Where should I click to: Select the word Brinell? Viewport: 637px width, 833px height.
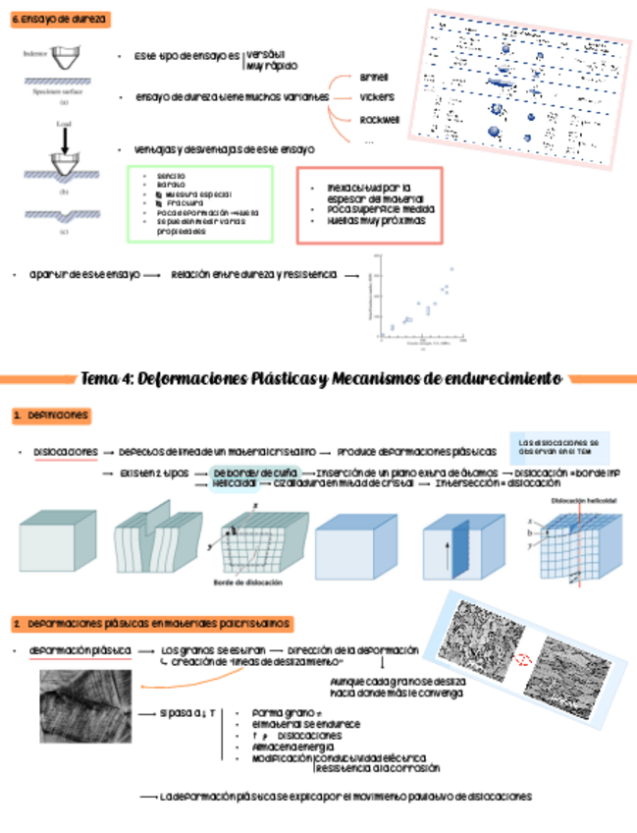click(375, 77)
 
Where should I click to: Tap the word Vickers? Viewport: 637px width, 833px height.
click(376, 98)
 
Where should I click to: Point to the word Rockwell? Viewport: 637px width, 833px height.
click(379, 119)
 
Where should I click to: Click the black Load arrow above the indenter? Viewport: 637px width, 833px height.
click(65, 139)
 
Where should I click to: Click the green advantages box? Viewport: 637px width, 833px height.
click(199, 203)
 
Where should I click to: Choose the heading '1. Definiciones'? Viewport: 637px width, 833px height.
click(51, 416)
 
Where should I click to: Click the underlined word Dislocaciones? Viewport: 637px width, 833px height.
click(65, 452)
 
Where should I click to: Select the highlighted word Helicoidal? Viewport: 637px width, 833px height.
click(235, 484)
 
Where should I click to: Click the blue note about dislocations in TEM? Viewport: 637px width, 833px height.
click(559, 448)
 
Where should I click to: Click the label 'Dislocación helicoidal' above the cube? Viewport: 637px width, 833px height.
click(582, 501)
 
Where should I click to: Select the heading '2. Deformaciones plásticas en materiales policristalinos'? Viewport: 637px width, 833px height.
click(151, 624)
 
